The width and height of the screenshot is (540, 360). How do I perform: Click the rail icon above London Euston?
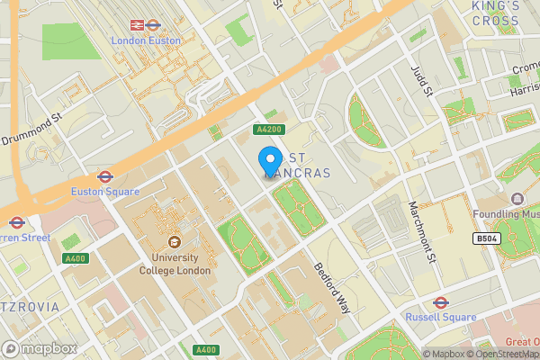(139, 25)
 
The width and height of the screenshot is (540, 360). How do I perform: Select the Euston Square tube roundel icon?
(104, 176)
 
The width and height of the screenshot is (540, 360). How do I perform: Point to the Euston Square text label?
(104, 192)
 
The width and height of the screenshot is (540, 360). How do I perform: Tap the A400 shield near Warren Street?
(75, 258)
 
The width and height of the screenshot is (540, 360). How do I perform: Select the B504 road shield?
(487, 238)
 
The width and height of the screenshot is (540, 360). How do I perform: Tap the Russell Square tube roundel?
(440, 302)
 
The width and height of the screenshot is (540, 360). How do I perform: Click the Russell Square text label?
(440, 318)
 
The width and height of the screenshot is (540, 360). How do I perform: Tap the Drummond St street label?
(31, 128)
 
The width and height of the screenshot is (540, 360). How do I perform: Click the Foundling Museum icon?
(517, 199)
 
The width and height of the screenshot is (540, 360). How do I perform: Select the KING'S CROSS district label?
(495, 13)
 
